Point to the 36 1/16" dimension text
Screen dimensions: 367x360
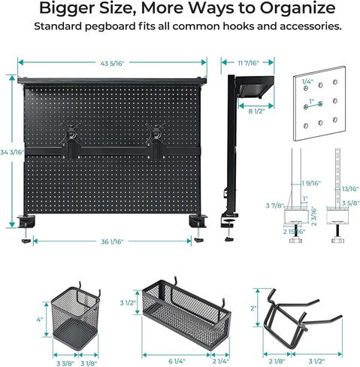[x=113, y=241]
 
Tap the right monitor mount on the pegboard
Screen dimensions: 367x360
[x=156, y=139]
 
